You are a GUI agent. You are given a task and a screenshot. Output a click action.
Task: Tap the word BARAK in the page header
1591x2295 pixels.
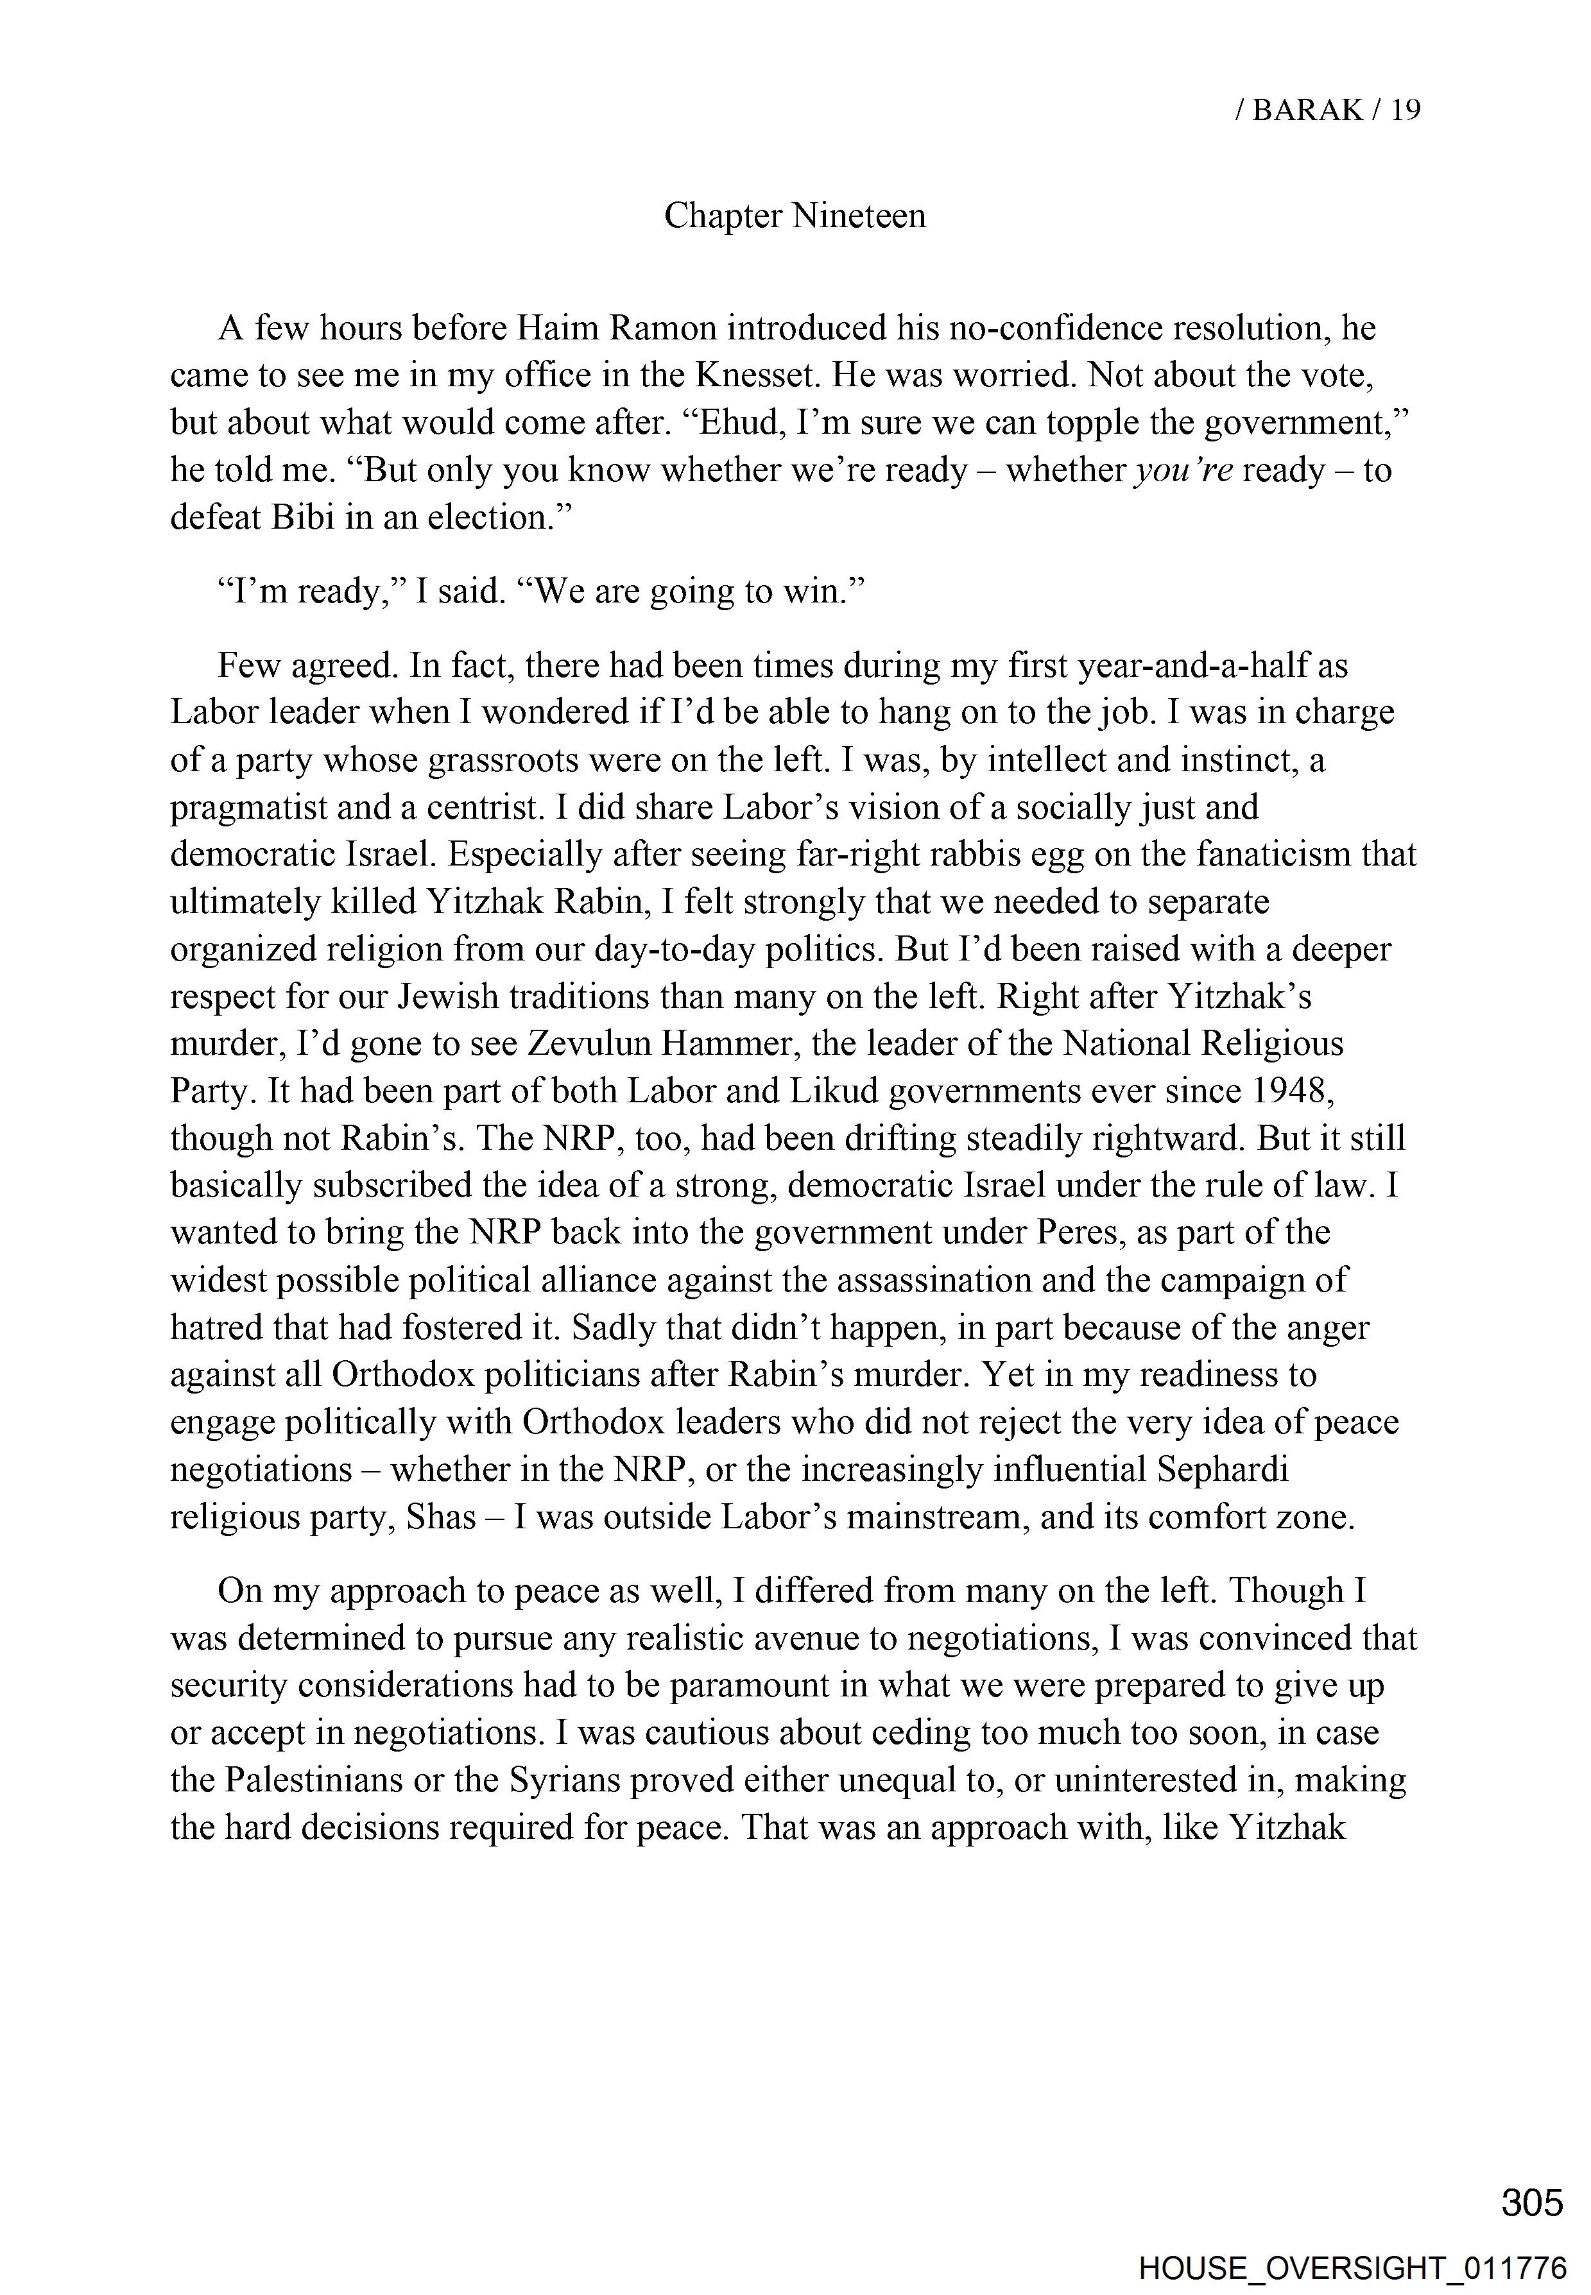click(1307, 110)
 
